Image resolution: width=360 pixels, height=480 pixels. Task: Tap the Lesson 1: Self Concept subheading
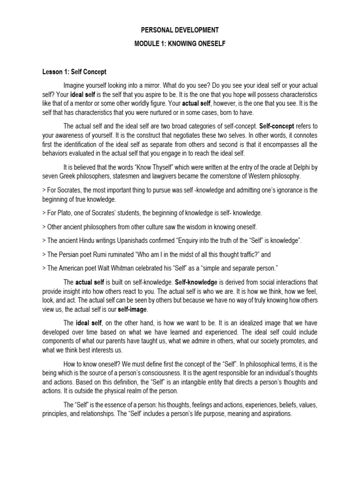[73, 72]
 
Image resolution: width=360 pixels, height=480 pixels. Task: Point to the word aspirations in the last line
[276, 414]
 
